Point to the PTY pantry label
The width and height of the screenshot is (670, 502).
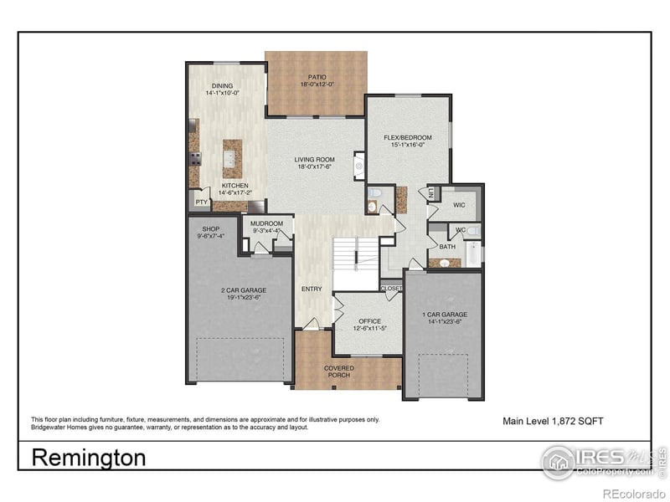201,202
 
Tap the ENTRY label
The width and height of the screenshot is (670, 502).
312,289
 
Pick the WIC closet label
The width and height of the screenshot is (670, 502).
459,204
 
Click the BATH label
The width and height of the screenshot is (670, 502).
447,247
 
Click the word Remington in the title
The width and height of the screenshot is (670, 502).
88,458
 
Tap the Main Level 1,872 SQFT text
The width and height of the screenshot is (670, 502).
552,421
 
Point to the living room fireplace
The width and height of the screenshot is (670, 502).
359,166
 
